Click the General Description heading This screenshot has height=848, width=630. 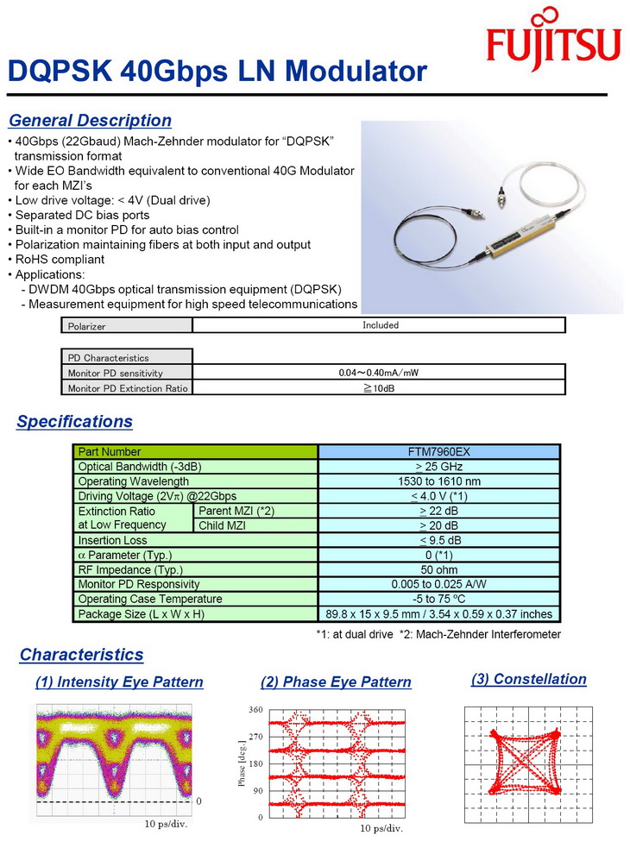point(90,121)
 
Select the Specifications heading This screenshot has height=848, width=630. point(75,422)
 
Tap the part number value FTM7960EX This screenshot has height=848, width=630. point(438,452)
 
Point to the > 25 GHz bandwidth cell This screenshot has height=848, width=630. point(438,467)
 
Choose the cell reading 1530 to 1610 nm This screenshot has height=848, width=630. point(438,481)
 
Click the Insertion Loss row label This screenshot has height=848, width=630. point(113,541)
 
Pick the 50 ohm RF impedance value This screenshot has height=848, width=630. point(438,570)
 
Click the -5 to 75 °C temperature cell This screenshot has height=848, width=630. point(438,600)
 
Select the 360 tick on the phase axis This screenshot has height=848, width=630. point(255,710)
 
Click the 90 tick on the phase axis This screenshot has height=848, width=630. point(257,790)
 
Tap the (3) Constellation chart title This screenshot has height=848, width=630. point(528,679)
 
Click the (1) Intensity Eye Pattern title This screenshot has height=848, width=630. point(119,682)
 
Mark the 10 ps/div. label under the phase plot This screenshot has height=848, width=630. point(381,828)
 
